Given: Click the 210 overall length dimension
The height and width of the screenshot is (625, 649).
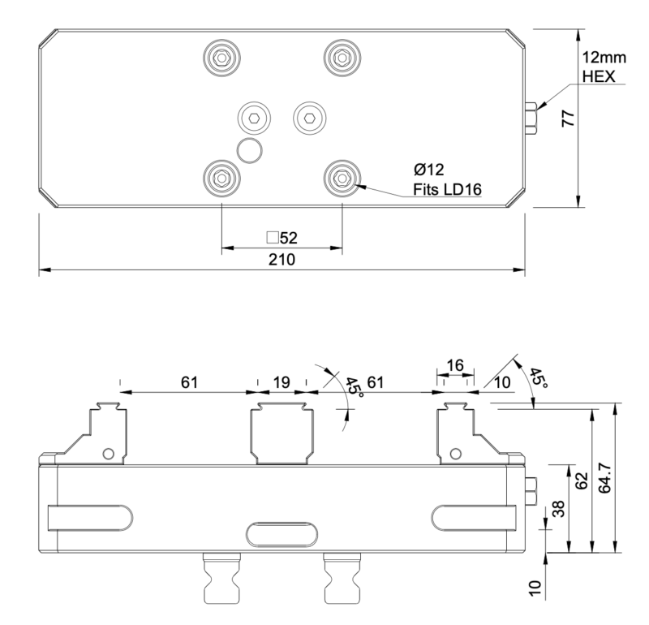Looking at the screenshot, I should (282, 260).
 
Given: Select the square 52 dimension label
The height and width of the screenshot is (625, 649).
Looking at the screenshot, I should (282, 238).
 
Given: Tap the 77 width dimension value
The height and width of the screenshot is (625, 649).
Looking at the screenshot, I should (569, 117).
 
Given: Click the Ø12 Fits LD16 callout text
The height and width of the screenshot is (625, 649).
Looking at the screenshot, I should (447, 180).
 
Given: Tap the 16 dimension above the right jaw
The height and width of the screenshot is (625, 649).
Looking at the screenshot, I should (455, 366).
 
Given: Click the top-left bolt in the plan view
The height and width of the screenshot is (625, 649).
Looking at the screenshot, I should (221, 56).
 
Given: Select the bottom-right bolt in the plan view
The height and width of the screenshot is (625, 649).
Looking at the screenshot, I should (342, 175).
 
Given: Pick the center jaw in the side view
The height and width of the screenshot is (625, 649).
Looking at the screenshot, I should (282, 433).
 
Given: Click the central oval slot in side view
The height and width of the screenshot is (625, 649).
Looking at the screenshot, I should (282, 535).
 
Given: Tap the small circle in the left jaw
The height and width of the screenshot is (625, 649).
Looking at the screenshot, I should (108, 452).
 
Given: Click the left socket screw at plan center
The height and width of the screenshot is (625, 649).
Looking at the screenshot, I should (254, 118).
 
